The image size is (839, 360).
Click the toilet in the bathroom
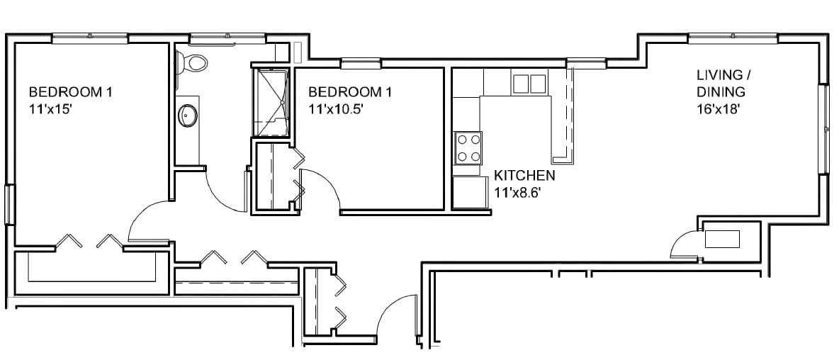[x=191, y=62]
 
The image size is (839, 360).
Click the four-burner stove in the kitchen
[x=468, y=148]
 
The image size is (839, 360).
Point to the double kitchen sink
[x=529, y=84]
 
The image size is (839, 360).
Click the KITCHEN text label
[x=524, y=175]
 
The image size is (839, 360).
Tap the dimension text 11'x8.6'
[x=514, y=193]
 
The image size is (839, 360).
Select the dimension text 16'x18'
[x=718, y=109]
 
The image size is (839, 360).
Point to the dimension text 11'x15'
[x=50, y=109]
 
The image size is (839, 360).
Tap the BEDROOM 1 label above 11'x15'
[x=71, y=92]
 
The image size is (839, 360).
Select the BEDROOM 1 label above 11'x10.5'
[x=350, y=92]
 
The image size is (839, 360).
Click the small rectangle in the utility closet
[x=722, y=239]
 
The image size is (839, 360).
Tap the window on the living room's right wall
[x=826, y=128]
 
